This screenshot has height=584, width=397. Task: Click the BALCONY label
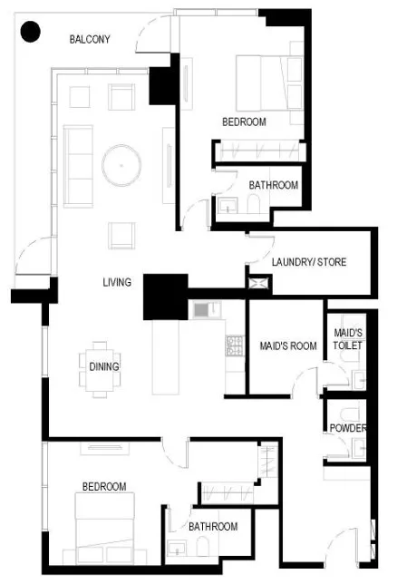90,39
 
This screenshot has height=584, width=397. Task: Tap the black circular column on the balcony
30,32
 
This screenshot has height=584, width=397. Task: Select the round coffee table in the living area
121,165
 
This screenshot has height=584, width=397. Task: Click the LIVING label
117,282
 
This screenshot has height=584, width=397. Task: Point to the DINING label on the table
104,366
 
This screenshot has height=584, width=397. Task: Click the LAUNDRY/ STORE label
309,262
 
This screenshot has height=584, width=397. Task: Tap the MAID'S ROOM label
288,346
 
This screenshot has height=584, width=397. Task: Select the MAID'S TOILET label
348,339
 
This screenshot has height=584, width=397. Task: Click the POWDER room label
348,428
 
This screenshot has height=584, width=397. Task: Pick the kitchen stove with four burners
235,346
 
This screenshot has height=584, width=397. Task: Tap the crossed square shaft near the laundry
258,282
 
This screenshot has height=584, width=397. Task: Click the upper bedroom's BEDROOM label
245,122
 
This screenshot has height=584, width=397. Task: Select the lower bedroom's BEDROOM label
104,486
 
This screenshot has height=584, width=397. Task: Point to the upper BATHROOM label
274,185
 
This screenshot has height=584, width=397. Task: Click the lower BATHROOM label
213,526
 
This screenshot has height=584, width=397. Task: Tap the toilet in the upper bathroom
254,204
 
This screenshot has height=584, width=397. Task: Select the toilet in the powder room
349,414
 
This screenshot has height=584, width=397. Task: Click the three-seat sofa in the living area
78,166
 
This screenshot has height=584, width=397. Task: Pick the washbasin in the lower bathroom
177,549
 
